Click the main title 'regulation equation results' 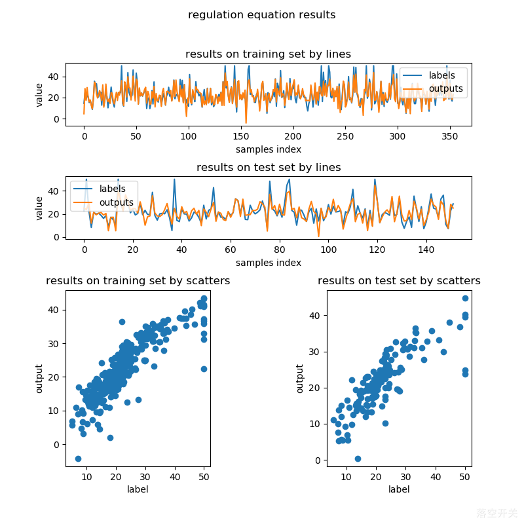tap(261, 15)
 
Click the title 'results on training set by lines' tap(268, 54)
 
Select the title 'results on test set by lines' tap(268, 168)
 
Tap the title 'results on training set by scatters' tap(138, 281)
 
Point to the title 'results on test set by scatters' tap(399, 281)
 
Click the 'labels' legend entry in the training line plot tap(441, 75)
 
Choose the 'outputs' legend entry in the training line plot tap(445, 88)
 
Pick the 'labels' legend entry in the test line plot tap(112, 189)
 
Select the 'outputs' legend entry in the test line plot tap(116, 202)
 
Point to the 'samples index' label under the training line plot tap(268, 149)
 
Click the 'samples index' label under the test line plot tap(268, 263)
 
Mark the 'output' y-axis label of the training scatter tap(39, 379)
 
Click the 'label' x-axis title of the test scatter tap(399, 489)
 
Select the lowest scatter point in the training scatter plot tap(78, 458)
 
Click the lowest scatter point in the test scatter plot tap(358, 458)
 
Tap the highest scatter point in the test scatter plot tap(465, 298)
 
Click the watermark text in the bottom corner tap(496, 514)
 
